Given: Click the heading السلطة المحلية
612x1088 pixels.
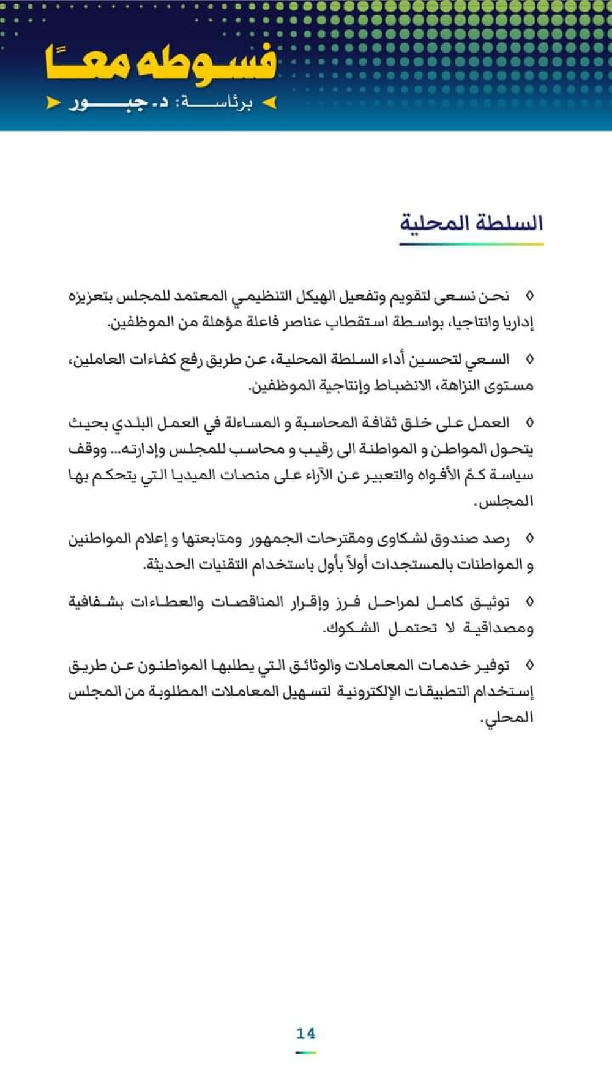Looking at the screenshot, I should pos(471,223).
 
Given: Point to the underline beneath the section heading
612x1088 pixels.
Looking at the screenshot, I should pos(471,244).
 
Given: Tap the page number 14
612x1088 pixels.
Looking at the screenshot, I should pos(305,1034).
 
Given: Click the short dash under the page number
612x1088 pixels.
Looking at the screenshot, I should pos(305,1052).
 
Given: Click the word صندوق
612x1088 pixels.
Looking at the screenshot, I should pos(455,539).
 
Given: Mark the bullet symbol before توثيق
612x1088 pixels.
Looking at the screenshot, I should pos(529,602).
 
